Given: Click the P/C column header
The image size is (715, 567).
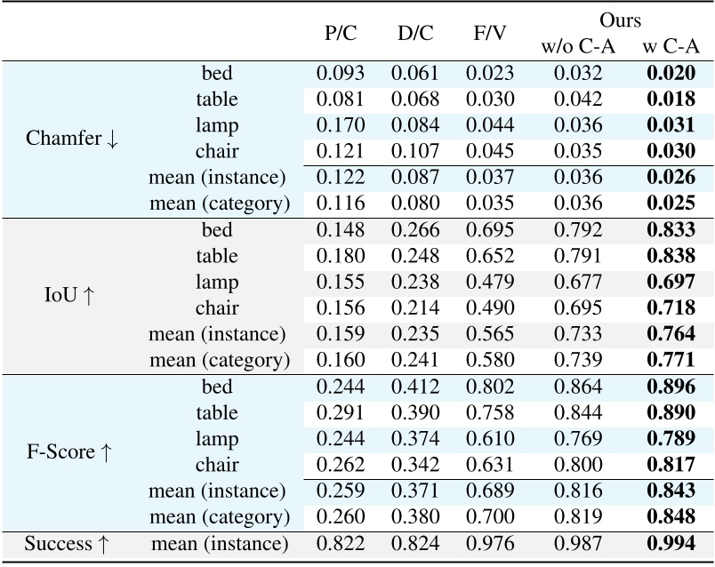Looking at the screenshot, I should (339, 34).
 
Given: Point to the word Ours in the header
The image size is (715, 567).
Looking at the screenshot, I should (621, 20).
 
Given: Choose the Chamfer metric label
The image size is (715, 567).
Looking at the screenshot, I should (72, 139).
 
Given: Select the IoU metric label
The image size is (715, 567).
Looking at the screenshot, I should (72, 295).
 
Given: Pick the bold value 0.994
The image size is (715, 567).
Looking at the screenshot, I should (671, 543).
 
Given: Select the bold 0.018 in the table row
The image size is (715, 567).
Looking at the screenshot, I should (671, 100).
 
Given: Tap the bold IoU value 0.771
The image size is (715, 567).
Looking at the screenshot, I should (671, 361).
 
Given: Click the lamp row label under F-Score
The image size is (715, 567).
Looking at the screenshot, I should (219, 439).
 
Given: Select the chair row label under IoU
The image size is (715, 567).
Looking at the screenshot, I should (219, 308).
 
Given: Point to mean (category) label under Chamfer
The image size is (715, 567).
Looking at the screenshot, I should (219, 204).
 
